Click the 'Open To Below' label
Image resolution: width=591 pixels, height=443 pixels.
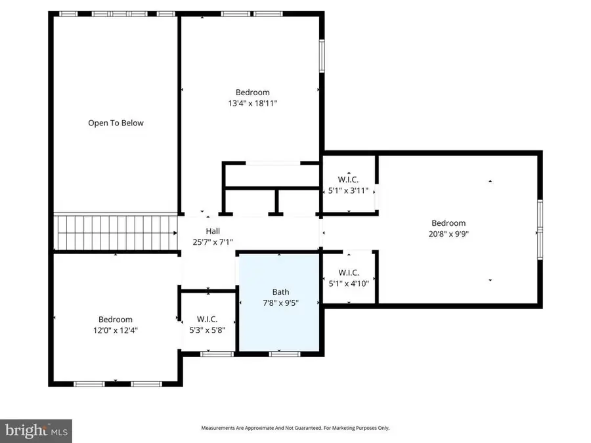116,123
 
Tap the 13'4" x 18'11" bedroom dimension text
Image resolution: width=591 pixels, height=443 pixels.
252,103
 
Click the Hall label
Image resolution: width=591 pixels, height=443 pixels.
213,231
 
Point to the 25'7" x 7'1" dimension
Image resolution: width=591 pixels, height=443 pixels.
213,242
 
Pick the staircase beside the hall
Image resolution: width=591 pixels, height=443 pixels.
116,232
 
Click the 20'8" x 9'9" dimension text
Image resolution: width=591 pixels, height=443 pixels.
449,234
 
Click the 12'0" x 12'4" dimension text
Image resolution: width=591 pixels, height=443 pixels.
116,330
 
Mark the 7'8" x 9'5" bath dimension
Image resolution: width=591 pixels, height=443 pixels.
280,303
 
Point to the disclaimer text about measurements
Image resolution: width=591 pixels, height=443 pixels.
295,428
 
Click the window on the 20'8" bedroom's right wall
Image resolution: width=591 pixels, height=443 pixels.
540,232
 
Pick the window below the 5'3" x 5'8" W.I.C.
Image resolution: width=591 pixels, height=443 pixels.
217,354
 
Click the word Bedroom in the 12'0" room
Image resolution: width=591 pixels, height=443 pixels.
116,320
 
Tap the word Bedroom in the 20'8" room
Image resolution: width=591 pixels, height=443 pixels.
449,223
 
